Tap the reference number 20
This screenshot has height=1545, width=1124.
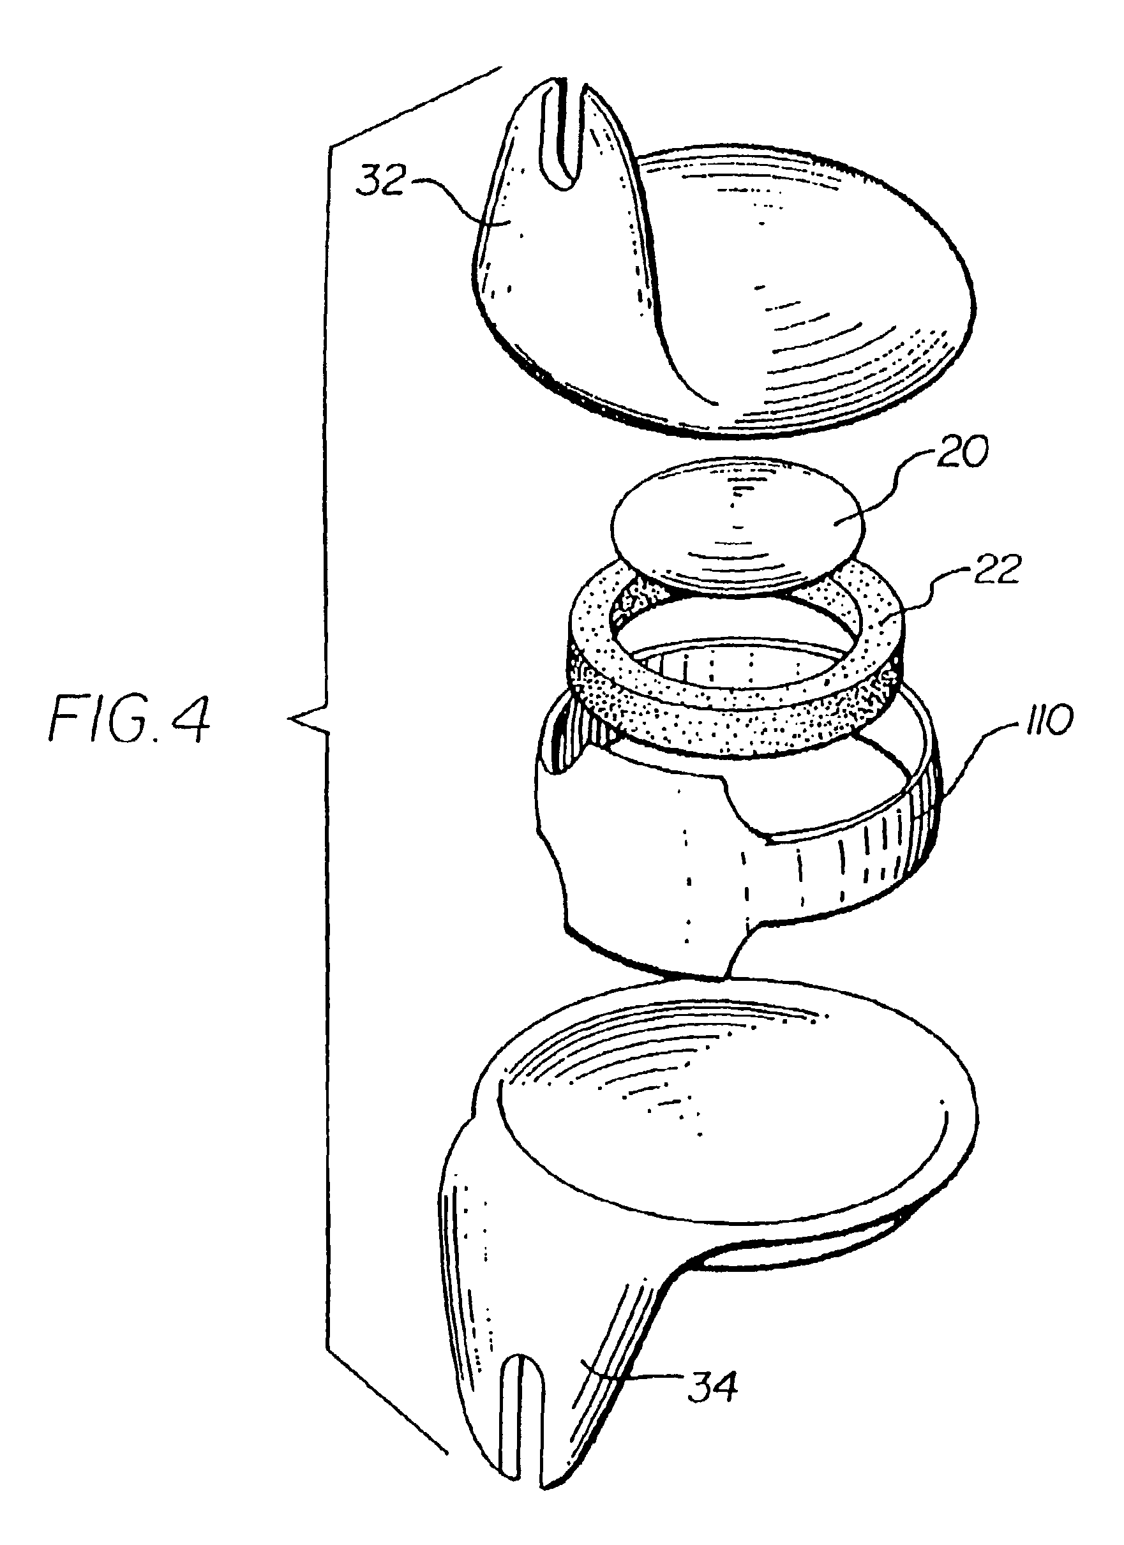click(x=961, y=452)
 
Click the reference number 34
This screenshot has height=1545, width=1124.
click(x=712, y=1366)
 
